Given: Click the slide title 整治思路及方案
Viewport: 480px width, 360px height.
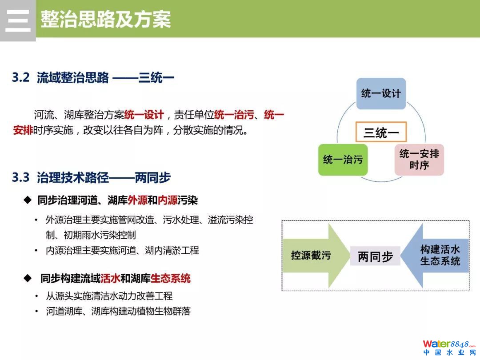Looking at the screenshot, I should click(x=106, y=20).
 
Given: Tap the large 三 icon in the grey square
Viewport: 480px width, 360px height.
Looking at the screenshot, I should click(x=18, y=20).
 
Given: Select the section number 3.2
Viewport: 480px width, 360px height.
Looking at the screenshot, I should click(x=20, y=78).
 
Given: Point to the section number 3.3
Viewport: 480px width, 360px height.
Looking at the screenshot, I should click(x=20, y=178).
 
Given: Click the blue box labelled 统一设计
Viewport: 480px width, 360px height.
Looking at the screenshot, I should click(x=381, y=93).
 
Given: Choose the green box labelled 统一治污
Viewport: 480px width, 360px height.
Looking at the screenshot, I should click(x=343, y=160).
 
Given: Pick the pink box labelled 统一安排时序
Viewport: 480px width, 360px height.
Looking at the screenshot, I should click(x=419, y=160).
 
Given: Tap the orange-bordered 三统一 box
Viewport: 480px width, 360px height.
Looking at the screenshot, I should click(x=381, y=132).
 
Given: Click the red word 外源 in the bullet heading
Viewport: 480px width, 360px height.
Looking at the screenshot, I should click(x=137, y=201).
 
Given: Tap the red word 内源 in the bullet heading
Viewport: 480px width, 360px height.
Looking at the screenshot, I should click(x=168, y=201).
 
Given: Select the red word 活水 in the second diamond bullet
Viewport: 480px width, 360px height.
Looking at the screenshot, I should click(x=110, y=279).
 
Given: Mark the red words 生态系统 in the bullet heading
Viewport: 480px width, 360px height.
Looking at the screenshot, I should click(x=171, y=279).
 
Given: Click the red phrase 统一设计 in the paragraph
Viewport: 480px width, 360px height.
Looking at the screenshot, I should click(x=144, y=115).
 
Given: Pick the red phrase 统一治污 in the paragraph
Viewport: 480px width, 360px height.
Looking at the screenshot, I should click(x=234, y=115).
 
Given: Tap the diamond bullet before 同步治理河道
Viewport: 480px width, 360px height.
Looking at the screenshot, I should click(x=28, y=200).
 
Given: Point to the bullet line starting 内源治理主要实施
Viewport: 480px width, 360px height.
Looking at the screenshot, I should click(x=122, y=251).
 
